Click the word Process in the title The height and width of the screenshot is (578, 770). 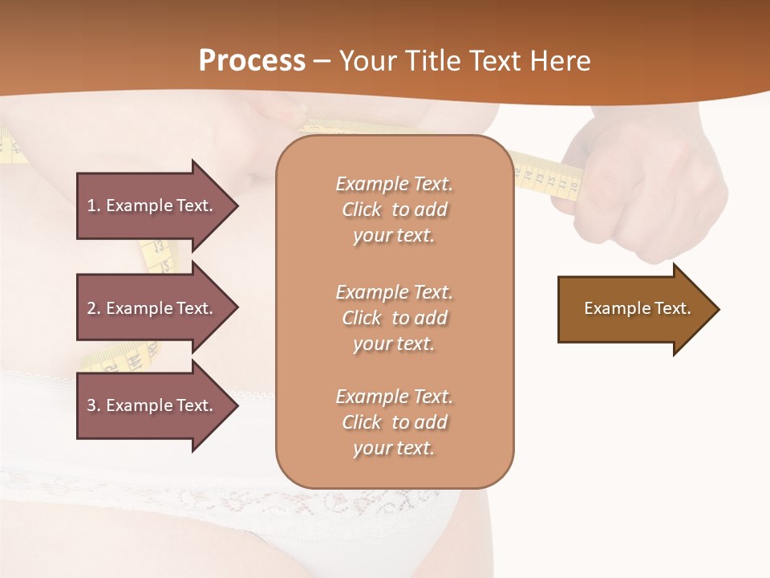click(252, 61)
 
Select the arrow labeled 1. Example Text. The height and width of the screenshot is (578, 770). click(152, 206)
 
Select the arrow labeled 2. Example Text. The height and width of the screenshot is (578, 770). click(152, 308)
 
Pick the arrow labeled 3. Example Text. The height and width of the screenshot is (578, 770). click(152, 405)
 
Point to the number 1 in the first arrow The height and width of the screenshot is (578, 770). click(91, 206)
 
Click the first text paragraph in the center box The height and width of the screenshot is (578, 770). click(394, 210)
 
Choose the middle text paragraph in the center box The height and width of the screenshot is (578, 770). click(394, 318)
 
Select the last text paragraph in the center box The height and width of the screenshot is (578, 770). click(394, 422)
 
